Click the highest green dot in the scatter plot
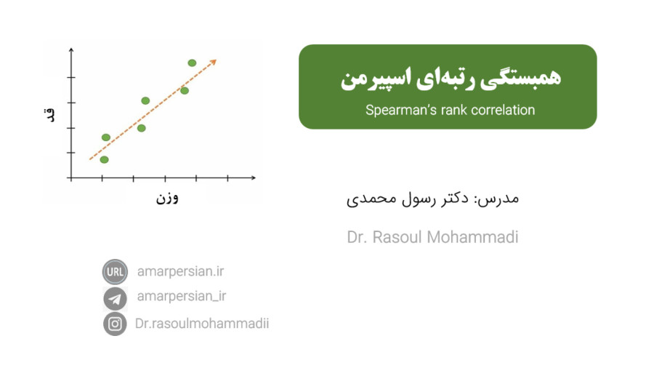click(192, 63)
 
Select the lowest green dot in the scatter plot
click(104, 159)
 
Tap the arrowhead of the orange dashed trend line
click(214, 62)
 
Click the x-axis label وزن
click(167, 198)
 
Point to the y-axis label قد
click(49, 115)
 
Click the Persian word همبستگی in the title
click(520, 79)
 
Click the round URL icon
click(115, 271)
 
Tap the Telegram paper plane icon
click(115, 298)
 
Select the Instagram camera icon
click(115, 324)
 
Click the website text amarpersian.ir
click(181, 271)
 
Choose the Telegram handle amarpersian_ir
click(182, 296)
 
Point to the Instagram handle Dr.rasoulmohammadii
click(202, 324)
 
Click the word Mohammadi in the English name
click(472, 237)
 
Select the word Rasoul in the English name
click(397, 237)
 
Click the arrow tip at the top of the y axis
click(71, 49)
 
